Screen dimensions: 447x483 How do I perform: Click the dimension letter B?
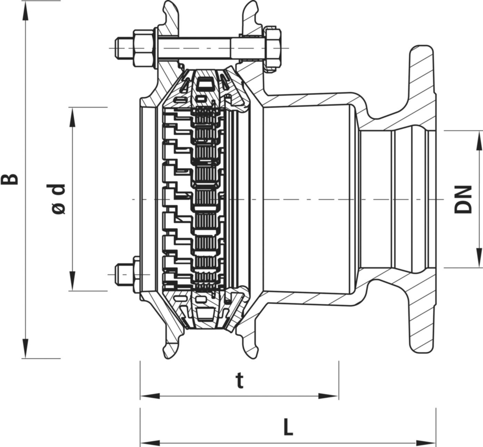click(x=10, y=179)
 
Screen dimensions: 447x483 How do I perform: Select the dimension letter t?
click(x=239, y=381)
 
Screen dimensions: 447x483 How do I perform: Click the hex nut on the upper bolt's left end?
click(x=143, y=48)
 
